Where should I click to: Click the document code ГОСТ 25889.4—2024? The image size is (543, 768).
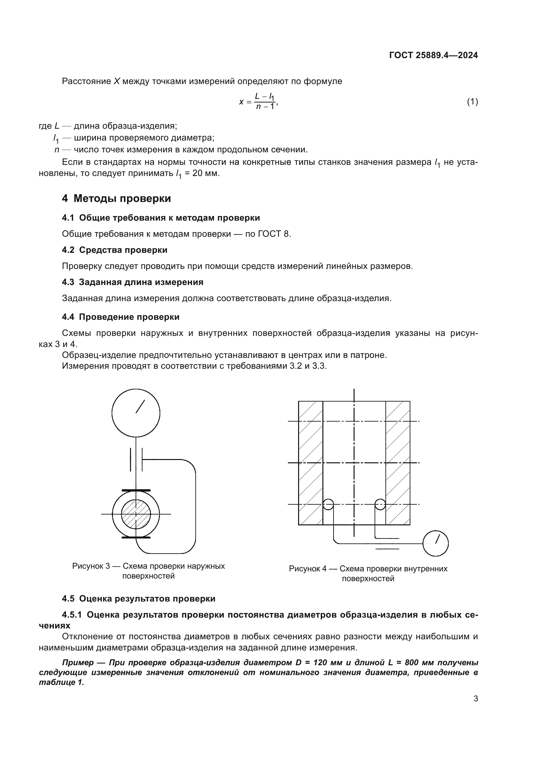tap(433, 55)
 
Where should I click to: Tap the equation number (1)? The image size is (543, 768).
tap(472, 102)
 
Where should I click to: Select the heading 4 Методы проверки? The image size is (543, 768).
tap(116, 198)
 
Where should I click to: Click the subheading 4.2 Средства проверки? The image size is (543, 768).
tap(115, 250)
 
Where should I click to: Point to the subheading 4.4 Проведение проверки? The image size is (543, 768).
tap(121, 317)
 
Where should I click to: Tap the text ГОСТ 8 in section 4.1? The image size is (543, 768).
tap(274, 234)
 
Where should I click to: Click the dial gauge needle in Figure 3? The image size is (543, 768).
tap(140, 406)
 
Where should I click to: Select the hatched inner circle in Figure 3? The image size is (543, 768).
tap(136, 514)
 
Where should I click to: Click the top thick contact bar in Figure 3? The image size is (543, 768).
tap(136, 490)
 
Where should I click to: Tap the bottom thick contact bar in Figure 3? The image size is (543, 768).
tap(136, 538)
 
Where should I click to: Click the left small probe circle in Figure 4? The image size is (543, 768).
tap(328, 504)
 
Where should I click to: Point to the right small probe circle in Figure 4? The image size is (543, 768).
tap(380, 504)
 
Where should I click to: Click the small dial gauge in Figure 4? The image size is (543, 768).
tap(435, 543)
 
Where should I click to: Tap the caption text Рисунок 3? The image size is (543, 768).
tap(91, 566)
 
